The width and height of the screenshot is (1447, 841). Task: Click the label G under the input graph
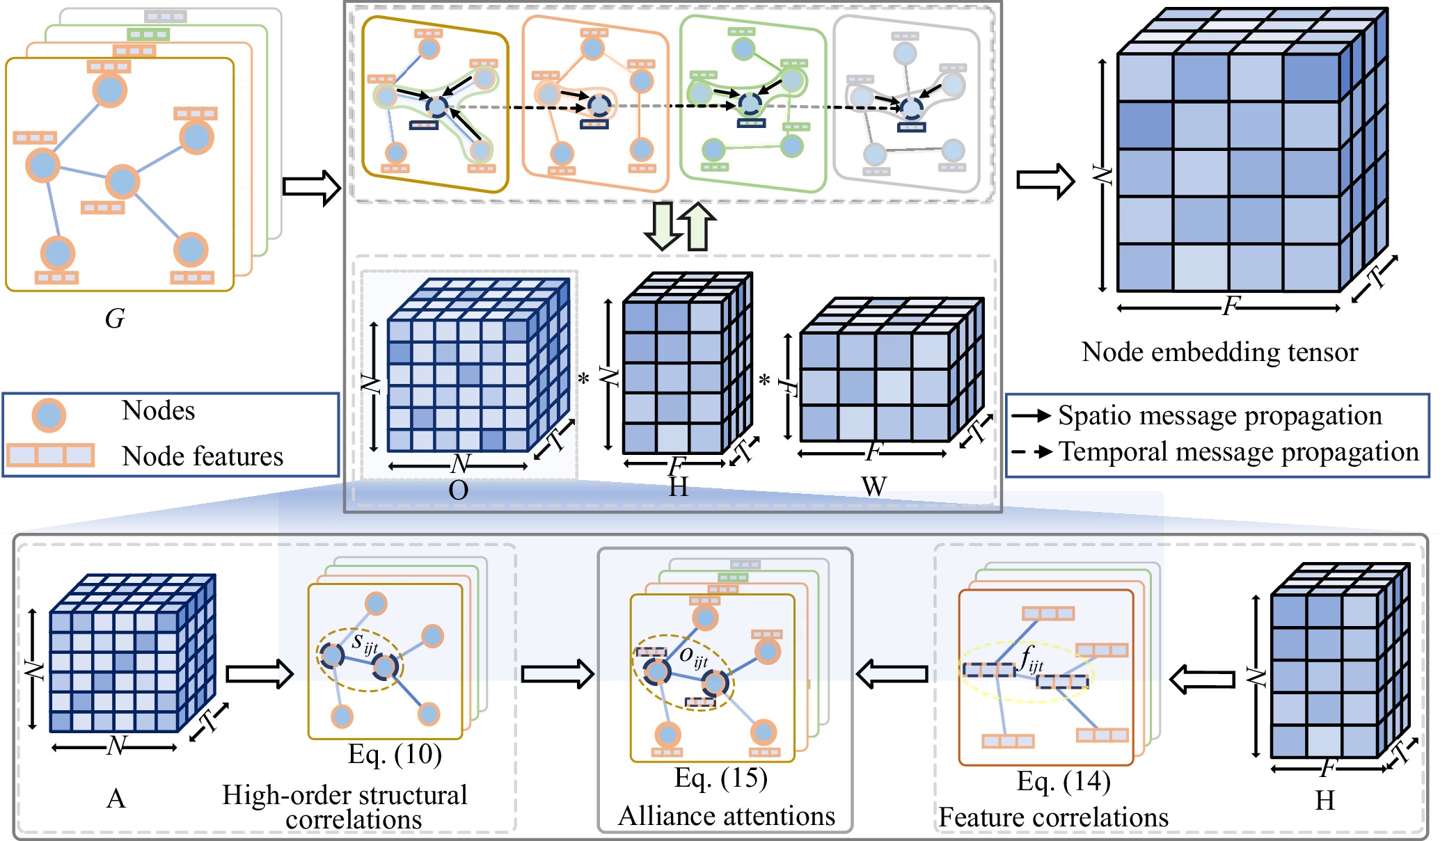pyautogui.click(x=115, y=319)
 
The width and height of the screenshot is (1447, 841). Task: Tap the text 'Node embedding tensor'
pyautogui.click(x=1219, y=352)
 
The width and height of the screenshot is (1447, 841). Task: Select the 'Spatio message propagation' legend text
pyautogui.click(x=1219, y=416)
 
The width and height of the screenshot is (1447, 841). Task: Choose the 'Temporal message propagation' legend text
pyautogui.click(x=1238, y=452)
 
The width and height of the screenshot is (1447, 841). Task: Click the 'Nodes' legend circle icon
pyautogui.click(x=49, y=415)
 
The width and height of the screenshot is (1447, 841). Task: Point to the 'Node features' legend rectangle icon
pyautogui.click(x=50, y=456)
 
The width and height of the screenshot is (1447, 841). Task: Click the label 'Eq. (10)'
pyautogui.click(x=395, y=754)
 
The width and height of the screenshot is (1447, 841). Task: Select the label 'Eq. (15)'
pyautogui.click(x=720, y=778)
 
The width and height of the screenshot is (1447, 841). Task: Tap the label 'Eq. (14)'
pyautogui.click(x=1063, y=781)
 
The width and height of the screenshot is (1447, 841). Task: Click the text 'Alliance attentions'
pyautogui.click(x=726, y=816)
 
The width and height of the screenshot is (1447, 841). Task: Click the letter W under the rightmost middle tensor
pyautogui.click(x=874, y=486)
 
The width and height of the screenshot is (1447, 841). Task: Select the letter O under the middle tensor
pyautogui.click(x=458, y=490)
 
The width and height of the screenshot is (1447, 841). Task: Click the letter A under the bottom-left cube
pyautogui.click(x=116, y=799)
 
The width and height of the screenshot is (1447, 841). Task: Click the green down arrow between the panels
pyautogui.click(x=662, y=225)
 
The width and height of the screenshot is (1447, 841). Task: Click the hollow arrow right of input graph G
pyautogui.click(x=311, y=187)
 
